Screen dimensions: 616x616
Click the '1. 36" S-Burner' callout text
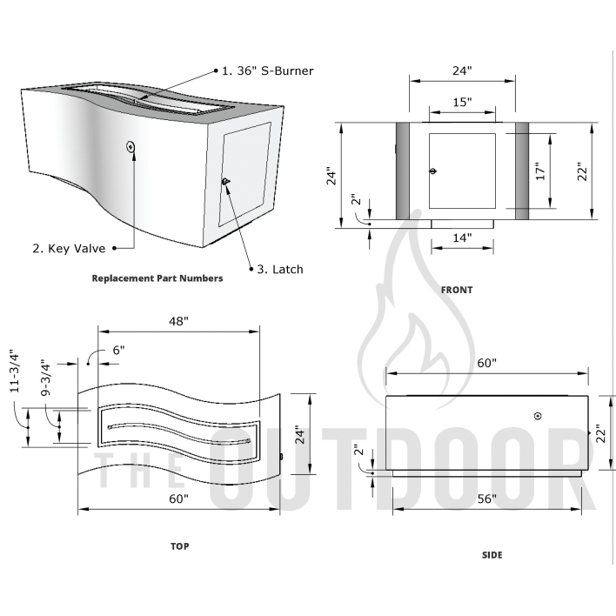[266, 70]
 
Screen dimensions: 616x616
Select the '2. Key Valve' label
[69, 249]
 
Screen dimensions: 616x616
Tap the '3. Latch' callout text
[279, 270]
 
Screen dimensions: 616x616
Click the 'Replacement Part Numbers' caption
[157, 278]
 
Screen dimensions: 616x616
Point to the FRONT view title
[456, 290]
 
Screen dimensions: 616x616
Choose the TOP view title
[179, 546]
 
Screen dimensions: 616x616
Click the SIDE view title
[492, 555]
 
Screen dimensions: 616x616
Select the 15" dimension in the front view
[462, 103]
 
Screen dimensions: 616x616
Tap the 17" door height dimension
[539, 171]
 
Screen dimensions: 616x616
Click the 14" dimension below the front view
[462, 237]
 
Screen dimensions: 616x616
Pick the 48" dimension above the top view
[178, 321]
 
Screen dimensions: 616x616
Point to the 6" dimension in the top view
[118, 350]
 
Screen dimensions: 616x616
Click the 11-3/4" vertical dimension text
[14, 372]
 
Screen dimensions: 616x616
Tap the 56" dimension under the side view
[486, 499]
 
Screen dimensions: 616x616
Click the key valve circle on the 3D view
[131, 147]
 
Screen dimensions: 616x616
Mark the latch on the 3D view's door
[225, 181]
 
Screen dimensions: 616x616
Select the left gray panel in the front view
[404, 171]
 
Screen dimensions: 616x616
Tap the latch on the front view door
[433, 171]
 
